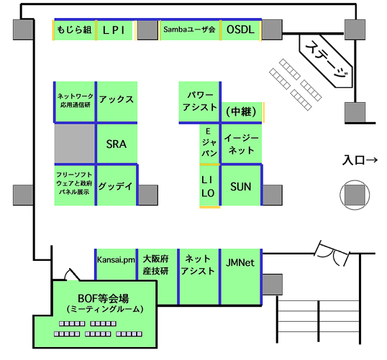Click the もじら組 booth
tap(75, 30)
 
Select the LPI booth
tap(114, 30)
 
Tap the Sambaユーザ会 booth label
tap(189, 29)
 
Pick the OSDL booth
tap(240, 30)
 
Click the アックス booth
tap(117, 101)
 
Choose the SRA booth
tap(117, 144)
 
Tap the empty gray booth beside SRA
tap(75, 144)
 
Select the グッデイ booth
tap(117, 185)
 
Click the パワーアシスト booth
tap(199, 101)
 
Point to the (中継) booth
tap(242, 112)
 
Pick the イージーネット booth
tap(242, 144)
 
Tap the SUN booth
tap(241, 185)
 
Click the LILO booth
tap(209, 185)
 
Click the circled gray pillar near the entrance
tap(355, 195)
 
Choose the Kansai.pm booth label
tap(116, 260)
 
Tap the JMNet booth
tap(241, 277)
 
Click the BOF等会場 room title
tap(103, 299)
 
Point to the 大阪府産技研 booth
tap(157, 265)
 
